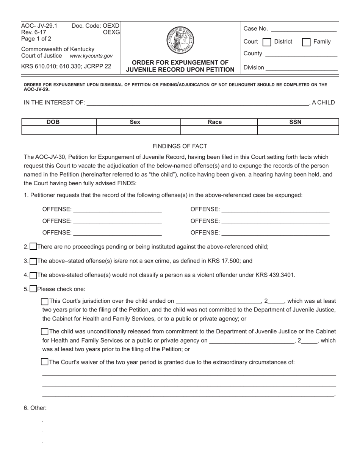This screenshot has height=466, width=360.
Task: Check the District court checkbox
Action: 267,42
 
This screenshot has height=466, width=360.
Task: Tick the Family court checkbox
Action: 306,42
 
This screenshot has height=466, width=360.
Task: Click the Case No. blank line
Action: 304,29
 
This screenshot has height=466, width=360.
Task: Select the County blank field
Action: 301,54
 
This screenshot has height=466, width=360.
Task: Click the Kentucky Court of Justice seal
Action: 180,40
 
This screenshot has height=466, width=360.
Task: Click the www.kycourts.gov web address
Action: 91,56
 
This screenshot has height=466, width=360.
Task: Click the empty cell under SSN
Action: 298,130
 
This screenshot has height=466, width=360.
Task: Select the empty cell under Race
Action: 219,130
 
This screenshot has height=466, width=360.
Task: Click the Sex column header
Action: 135,122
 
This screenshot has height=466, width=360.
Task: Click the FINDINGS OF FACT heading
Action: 180,146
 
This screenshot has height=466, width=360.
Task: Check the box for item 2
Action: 33,247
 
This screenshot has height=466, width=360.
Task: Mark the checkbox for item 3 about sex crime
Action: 33,261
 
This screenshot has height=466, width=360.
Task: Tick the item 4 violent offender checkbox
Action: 33,275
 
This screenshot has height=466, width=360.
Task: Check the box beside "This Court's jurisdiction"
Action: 45,302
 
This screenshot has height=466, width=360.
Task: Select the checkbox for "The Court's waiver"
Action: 45,362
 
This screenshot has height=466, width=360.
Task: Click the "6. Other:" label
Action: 35,408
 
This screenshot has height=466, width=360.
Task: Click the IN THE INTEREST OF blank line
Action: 197,102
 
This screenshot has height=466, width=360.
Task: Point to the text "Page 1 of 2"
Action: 36,39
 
